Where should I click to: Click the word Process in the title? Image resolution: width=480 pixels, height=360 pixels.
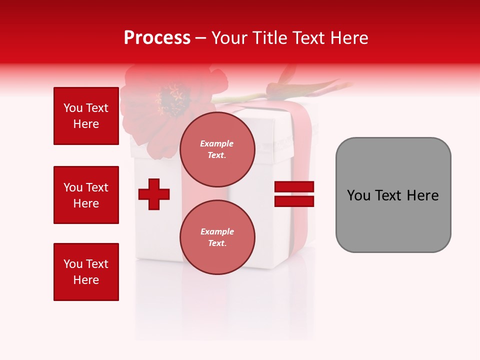tap(157, 38)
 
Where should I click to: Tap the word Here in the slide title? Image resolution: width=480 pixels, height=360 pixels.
tap(348, 38)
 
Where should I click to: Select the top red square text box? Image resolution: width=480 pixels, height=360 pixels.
tap(86, 116)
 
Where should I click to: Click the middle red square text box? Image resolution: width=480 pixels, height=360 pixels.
tap(86, 195)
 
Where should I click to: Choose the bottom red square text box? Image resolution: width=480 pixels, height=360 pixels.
tap(86, 272)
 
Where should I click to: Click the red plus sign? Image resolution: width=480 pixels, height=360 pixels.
tap(154, 194)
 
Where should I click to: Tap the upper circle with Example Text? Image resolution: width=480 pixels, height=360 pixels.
tap(217, 149)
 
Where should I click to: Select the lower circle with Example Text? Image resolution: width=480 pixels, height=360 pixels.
tap(217, 237)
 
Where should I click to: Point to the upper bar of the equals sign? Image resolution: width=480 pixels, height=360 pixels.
tap(294, 187)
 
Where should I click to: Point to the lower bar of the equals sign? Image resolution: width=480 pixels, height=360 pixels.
tap(294, 201)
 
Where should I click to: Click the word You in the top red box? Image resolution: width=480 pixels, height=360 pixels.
tap(73, 108)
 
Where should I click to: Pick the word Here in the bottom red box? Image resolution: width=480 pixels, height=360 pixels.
tap(86, 280)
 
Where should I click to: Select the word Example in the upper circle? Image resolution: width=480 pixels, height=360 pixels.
tap(217, 143)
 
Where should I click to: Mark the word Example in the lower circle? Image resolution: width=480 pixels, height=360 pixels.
tap(217, 231)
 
